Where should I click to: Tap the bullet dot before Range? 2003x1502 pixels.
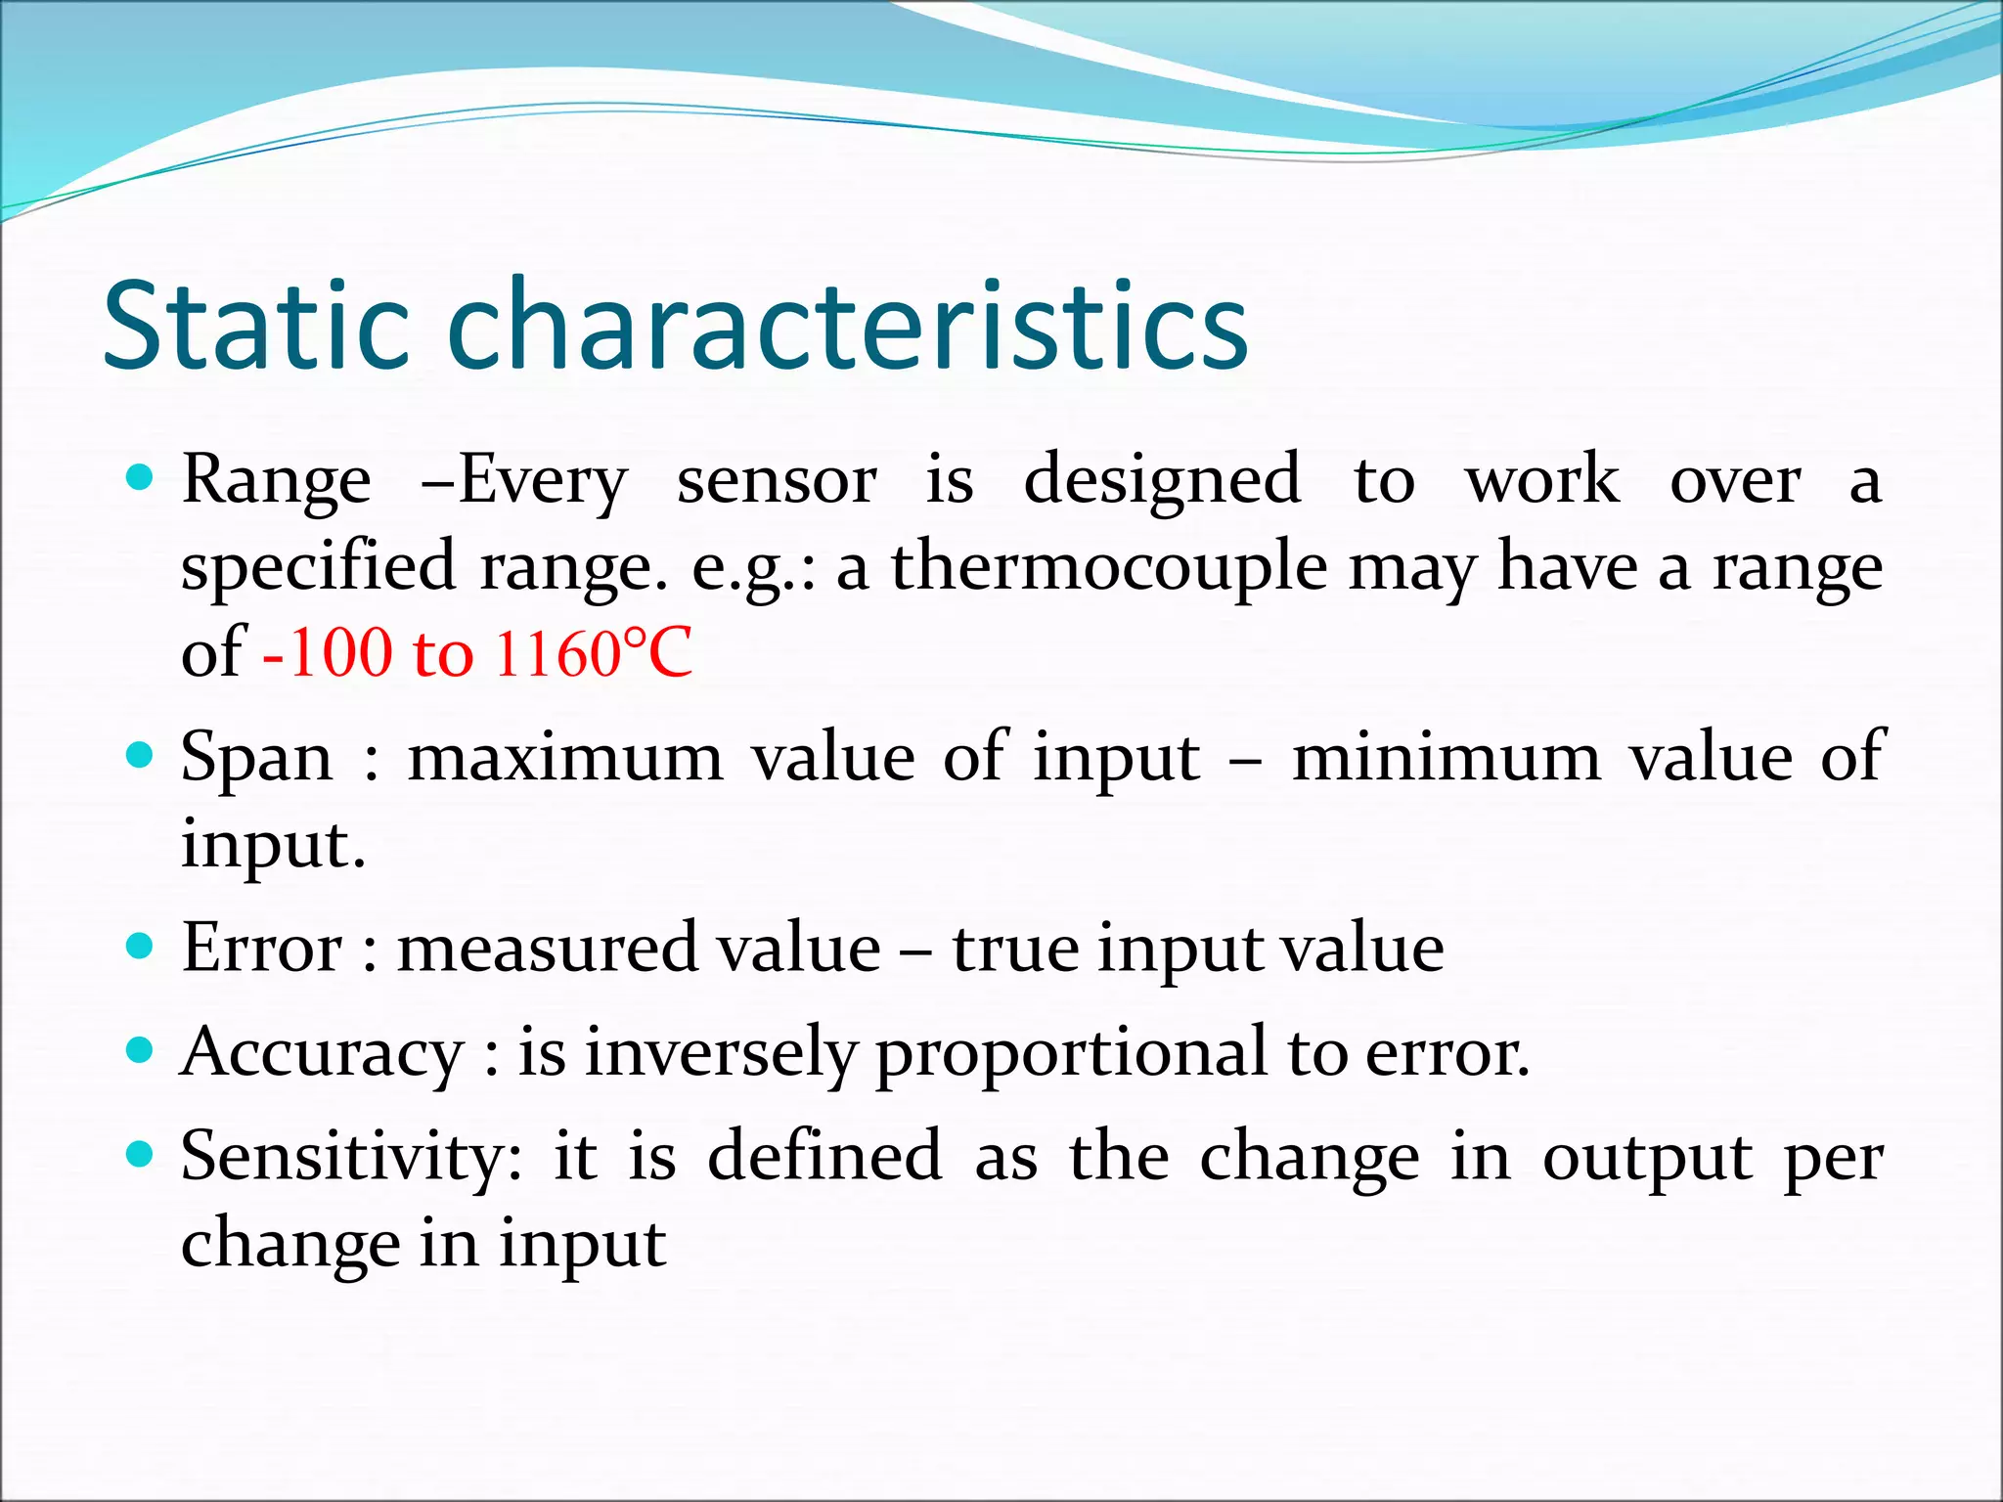(141, 478)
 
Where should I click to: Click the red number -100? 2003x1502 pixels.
(328, 653)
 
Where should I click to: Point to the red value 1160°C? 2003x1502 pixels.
(593, 653)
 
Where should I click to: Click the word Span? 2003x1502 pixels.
(256, 758)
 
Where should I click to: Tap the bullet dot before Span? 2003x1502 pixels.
(141, 755)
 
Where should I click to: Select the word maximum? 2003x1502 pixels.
(564, 758)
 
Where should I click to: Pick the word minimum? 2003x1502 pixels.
(1447, 758)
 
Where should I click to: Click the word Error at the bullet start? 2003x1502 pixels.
(261, 948)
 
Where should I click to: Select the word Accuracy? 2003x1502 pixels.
(322, 1054)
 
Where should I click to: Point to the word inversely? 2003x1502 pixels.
(721, 1054)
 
